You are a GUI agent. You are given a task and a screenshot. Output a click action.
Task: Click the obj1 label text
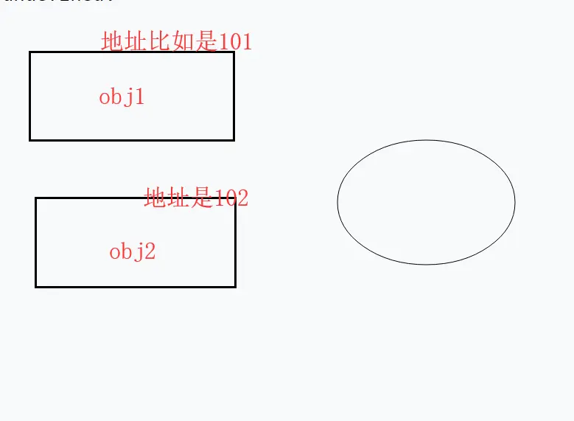click(x=122, y=97)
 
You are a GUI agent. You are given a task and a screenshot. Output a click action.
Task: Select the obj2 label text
click(x=133, y=252)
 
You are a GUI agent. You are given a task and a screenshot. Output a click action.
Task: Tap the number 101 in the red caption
click(x=235, y=41)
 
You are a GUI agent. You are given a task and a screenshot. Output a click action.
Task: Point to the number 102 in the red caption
click(x=231, y=198)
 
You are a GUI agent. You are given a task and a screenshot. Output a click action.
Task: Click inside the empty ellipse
click(x=426, y=202)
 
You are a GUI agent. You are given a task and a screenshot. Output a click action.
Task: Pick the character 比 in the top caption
click(x=159, y=41)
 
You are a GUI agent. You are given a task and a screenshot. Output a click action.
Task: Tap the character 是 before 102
click(x=201, y=198)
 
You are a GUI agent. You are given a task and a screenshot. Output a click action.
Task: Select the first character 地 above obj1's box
click(x=112, y=41)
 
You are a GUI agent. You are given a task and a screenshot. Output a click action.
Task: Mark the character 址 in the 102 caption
click(x=178, y=198)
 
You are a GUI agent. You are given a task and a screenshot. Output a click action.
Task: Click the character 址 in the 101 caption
click(x=136, y=41)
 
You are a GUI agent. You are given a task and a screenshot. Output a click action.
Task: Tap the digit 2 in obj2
click(x=150, y=252)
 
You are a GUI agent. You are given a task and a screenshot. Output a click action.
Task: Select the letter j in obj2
click(x=139, y=252)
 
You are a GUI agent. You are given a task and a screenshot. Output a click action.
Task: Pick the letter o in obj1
click(x=105, y=97)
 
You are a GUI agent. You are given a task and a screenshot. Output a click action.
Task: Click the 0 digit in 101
click(x=235, y=41)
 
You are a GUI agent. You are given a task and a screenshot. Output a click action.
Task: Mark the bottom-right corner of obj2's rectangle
click(x=235, y=286)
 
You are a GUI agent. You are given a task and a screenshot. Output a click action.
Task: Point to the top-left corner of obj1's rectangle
click(x=30, y=52)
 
